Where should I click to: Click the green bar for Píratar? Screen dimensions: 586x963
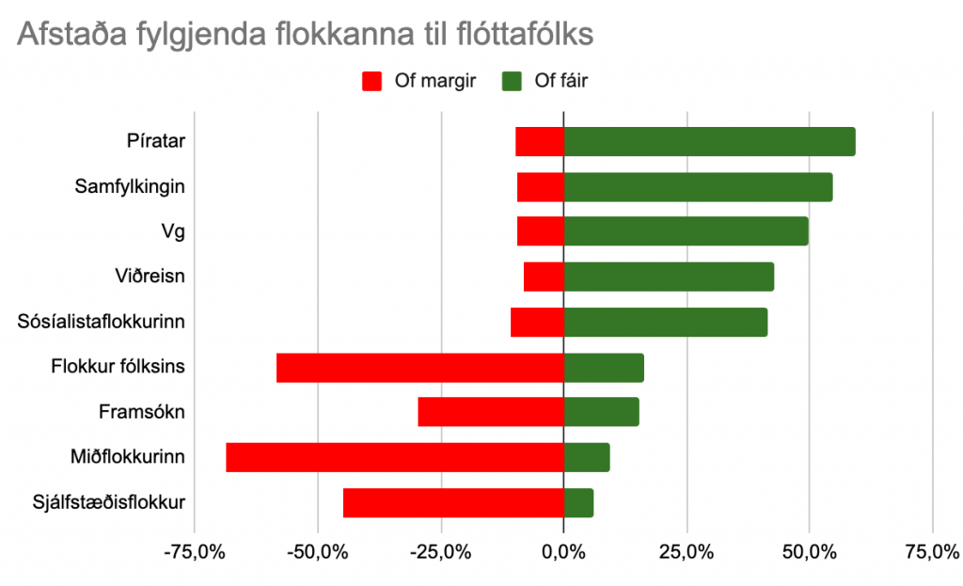(709, 141)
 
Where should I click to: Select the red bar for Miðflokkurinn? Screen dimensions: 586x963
(395, 457)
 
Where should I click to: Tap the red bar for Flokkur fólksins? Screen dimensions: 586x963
(419, 367)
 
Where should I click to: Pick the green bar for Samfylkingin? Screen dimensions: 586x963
(698, 186)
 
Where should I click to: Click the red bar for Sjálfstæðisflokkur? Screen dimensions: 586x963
(453, 502)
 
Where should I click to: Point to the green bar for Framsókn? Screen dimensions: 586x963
(601, 412)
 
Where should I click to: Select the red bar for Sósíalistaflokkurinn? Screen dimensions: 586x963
(537, 322)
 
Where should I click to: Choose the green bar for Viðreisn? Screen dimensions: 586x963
(669, 277)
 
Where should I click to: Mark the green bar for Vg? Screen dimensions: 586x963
(686, 231)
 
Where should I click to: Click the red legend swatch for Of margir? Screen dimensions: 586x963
(373, 81)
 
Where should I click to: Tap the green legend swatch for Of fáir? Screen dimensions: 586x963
(513, 81)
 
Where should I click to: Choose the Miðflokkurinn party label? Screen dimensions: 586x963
(127, 457)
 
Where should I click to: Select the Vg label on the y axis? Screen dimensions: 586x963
(173, 231)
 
